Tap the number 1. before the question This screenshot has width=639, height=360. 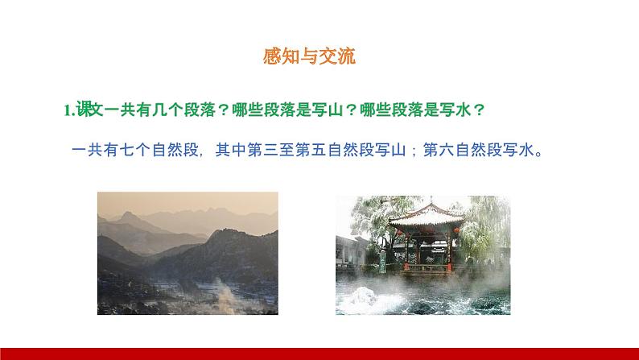[69, 110]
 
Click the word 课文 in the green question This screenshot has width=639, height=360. [88, 110]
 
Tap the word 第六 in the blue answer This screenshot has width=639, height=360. [438, 149]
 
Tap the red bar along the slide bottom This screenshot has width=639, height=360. [319, 354]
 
